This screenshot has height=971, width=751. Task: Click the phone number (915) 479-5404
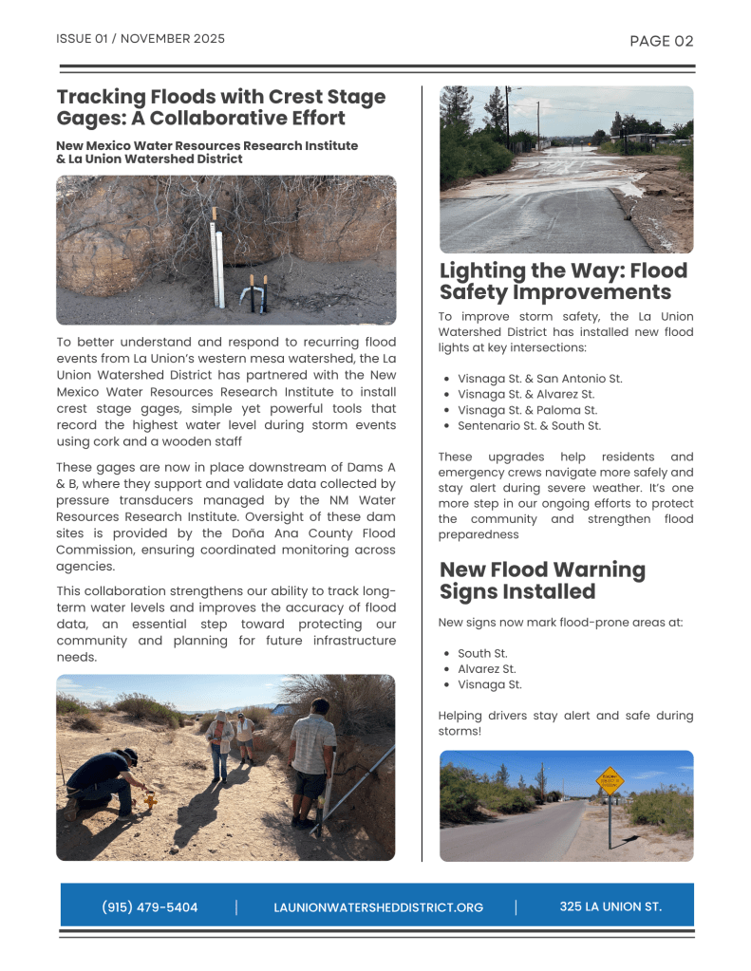[150, 907]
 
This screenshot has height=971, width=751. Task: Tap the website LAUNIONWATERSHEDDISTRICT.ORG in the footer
[378, 908]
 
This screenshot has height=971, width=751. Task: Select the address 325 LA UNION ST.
[610, 907]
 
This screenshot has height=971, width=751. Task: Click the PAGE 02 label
[662, 41]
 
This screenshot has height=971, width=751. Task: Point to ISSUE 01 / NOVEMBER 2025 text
[141, 39]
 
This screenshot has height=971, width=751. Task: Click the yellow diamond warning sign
[610, 780]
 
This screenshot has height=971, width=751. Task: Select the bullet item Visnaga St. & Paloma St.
[527, 410]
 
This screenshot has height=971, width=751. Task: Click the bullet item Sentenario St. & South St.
[529, 426]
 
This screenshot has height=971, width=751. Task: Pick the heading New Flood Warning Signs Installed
[541, 580]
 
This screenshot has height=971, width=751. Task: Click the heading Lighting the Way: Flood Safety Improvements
[562, 281]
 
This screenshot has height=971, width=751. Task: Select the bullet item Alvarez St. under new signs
[486, 669]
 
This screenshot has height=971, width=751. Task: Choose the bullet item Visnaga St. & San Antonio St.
[539, 379]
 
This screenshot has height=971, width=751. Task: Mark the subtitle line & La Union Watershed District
[149, 159]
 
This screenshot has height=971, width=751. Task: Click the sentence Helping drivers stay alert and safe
[565, 723]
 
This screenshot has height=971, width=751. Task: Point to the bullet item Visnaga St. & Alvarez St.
[526, 394]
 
